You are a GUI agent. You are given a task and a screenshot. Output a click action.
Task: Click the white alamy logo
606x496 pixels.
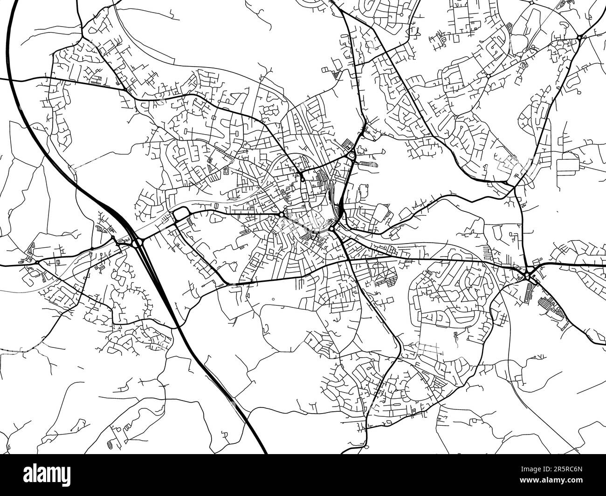click(x=47, y=475)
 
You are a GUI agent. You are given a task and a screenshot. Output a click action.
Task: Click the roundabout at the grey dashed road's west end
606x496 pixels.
click(x=282, y=215)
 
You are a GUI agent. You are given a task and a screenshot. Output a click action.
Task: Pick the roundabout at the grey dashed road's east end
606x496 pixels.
click(x=331, y=229)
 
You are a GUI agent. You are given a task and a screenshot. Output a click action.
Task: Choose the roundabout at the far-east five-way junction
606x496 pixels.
click(x=527, y=275)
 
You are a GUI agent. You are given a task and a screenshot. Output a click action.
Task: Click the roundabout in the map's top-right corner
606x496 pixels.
click(x=579, y=37)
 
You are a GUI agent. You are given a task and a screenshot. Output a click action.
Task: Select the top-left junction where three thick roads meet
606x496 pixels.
click(x=83, y=36)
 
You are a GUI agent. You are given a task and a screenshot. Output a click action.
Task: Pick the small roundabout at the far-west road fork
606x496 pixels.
click(x=37, y=262)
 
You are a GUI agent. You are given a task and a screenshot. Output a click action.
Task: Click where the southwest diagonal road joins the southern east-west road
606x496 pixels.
click(x=226, y=284)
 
